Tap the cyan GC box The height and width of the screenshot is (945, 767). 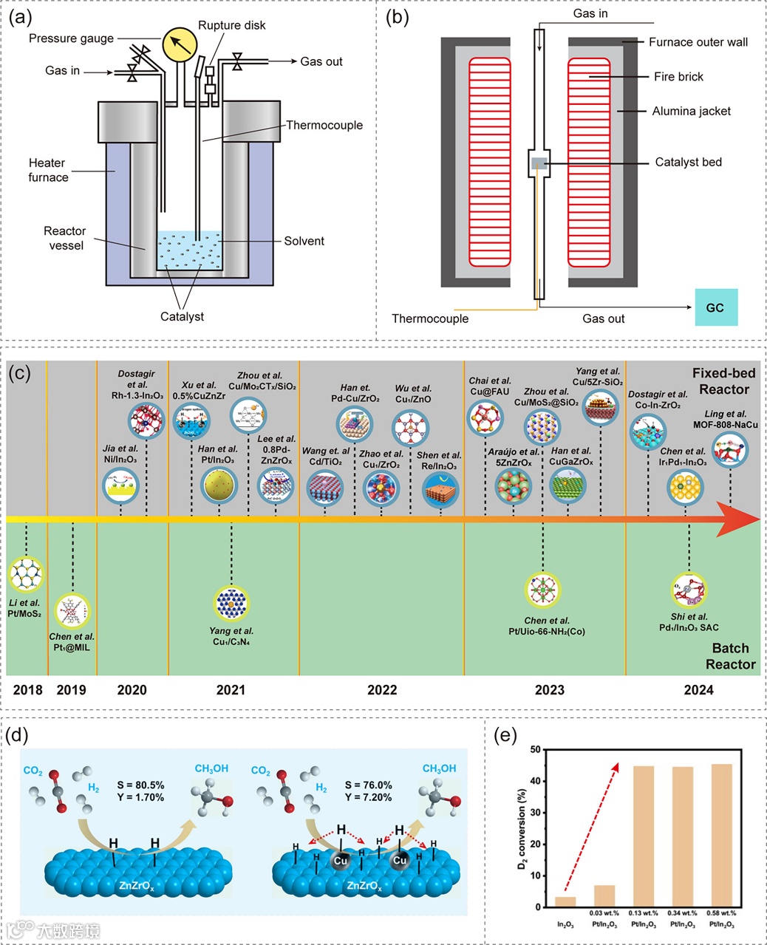pos(715,307)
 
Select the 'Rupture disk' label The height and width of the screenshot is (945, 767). pos(231,25)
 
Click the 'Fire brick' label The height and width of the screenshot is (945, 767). pos(678,77)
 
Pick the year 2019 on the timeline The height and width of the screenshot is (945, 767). pos(71,690)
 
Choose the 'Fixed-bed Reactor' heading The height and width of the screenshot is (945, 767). pos(723,381)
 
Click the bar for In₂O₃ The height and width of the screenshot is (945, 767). pos(565,901)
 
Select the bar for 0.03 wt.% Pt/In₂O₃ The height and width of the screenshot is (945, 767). pos(604,895)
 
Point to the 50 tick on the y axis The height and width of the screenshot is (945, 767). pos(534,750)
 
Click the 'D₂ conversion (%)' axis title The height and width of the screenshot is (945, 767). pos(522,828)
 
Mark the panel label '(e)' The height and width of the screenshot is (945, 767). pos(505,737)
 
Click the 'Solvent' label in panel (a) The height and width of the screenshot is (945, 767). pos(304,241)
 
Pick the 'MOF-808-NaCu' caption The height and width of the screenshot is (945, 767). pos(725,425)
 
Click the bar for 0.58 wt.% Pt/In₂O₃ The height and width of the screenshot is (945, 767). pos(721,836)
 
